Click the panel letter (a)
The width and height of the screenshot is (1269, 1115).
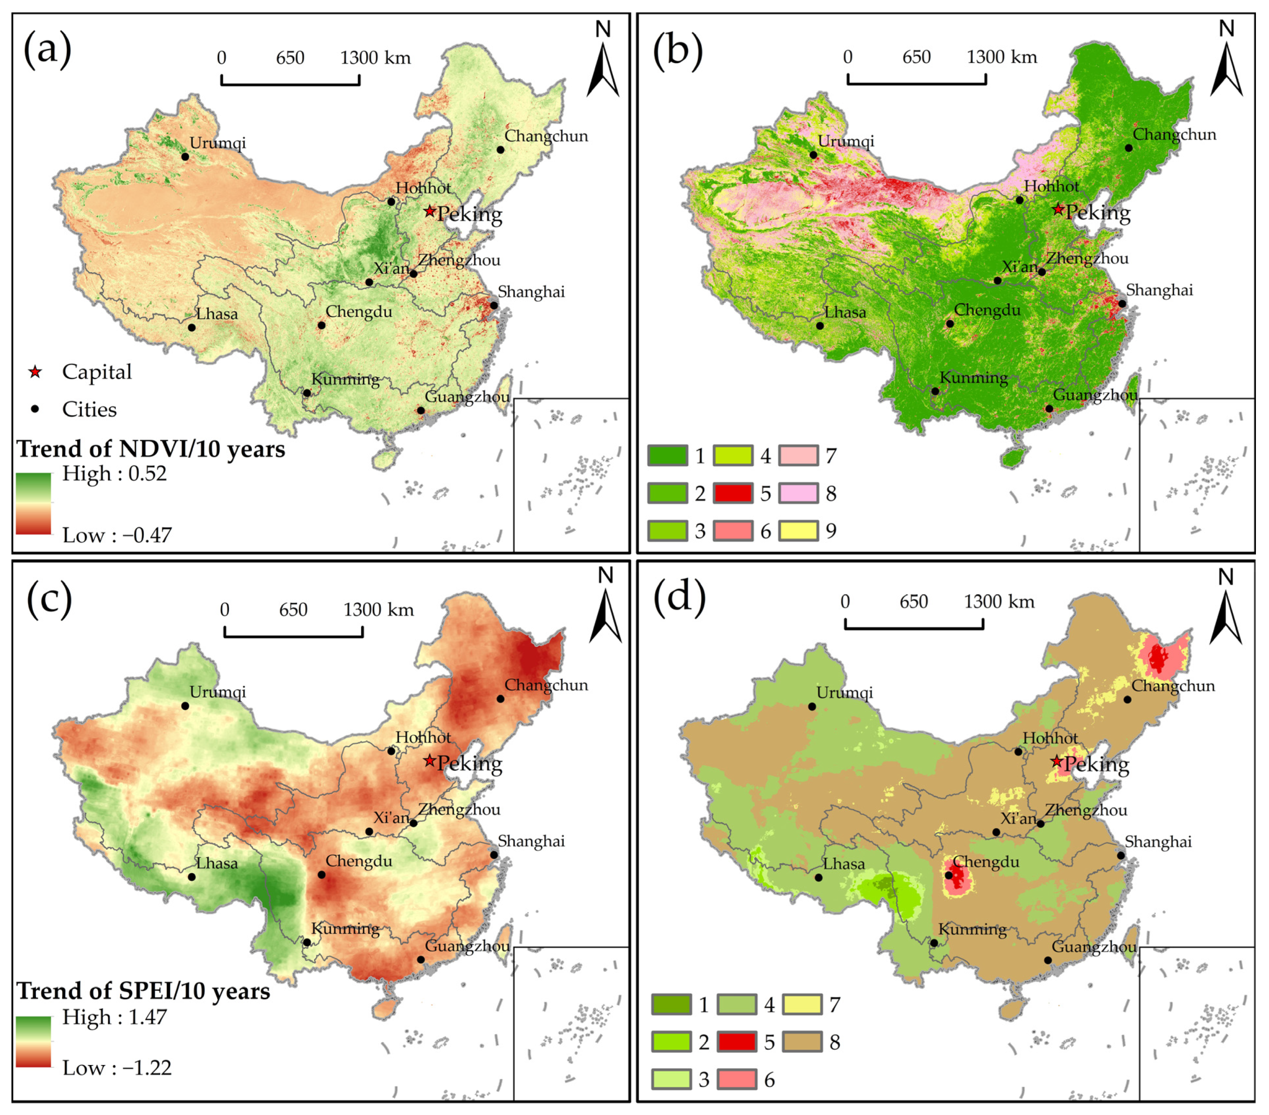(x=47, y=49)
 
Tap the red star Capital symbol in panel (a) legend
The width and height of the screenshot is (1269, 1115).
(x=35, y=373)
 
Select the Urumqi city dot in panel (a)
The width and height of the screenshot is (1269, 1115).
(x=185, y=156)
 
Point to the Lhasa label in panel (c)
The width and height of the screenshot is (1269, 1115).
(x=217, y=864)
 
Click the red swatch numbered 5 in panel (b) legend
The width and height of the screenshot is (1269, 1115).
(x=734, y=494)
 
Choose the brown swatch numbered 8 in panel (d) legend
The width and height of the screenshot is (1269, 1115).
(x=803, y=1042)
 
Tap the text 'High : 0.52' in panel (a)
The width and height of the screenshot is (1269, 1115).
(x=114, y=474)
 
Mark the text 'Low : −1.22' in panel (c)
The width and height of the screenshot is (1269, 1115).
(x=117, y=1068)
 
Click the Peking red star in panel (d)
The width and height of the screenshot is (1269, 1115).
(x=1056, y=762)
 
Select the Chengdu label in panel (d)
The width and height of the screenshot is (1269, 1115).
(x=986, y=862)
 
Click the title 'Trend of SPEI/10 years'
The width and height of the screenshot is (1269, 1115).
(x=143, y=991)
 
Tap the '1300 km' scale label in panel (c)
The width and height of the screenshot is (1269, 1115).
(x=379, y=610)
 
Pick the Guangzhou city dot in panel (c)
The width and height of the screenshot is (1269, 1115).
(x=421, y=960)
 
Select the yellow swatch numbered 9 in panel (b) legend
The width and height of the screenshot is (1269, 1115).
(x=799, y=531)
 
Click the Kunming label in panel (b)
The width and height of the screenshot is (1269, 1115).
(x=973, y=377)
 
